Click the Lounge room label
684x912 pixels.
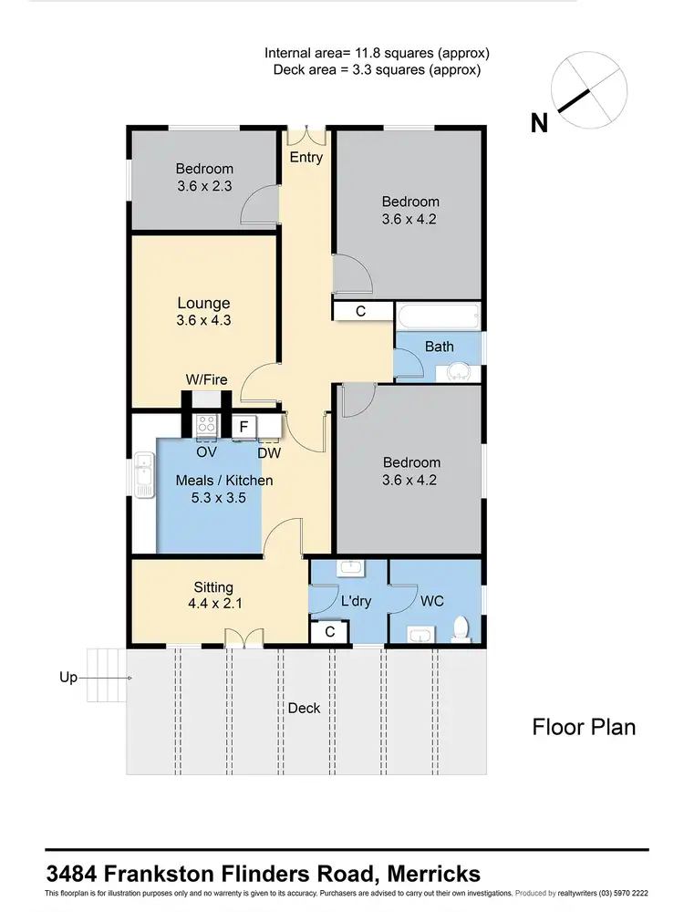click(203, 303)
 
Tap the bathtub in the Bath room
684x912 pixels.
click(438, 317)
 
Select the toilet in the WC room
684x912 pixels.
click(461, 628)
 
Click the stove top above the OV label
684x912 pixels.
click(207, 424)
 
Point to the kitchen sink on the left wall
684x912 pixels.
click(144, 474)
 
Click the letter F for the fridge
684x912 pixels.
click(243, 426)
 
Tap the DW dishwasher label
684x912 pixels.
click(268, 452)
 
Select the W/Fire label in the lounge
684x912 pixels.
click(205, 379)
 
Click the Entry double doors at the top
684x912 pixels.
click(306, 136)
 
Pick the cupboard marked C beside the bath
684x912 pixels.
click(360, 311)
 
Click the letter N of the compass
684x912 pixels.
click(539, 123)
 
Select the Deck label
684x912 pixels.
click(305, 708)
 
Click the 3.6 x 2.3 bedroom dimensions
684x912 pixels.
click(204, 186)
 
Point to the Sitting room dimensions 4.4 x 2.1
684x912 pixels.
click(213, 605)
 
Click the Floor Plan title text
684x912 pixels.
click(584, 727)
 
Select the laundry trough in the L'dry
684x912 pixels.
click(350, 568)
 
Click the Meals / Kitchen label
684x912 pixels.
click(223, 481)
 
